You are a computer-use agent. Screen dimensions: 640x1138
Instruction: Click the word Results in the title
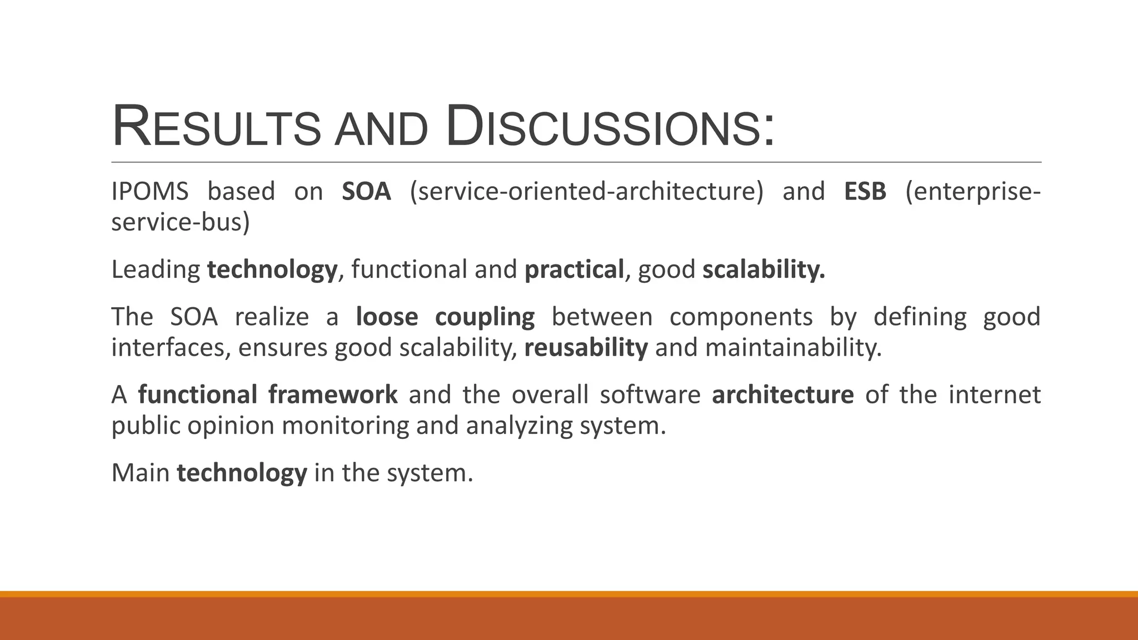point(216,127)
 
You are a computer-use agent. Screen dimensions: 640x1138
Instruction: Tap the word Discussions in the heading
point(610,127)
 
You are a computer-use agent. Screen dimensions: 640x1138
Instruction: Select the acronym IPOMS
point(150,192)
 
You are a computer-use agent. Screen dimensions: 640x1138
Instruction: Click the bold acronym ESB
point(865,192)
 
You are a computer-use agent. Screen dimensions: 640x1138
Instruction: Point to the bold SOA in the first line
point(367,192)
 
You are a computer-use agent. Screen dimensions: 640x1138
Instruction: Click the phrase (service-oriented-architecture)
point(586,192)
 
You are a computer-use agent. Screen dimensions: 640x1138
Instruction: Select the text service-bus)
point(181,222)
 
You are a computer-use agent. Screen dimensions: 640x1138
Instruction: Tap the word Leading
point(156,270)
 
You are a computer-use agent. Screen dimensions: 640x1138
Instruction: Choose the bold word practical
point(574,270)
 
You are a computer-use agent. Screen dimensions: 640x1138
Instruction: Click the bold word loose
point(387,317)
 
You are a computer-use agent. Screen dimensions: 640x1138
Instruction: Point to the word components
point(741,317)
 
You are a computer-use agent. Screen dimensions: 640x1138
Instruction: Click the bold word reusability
point(586,348)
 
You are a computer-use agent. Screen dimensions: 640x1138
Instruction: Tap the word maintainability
point(793,348)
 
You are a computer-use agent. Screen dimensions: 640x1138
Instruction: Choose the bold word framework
point(333,395)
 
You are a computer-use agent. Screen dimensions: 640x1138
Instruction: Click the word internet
point(994,395)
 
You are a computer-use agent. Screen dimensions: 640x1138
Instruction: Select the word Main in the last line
point(141,473)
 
